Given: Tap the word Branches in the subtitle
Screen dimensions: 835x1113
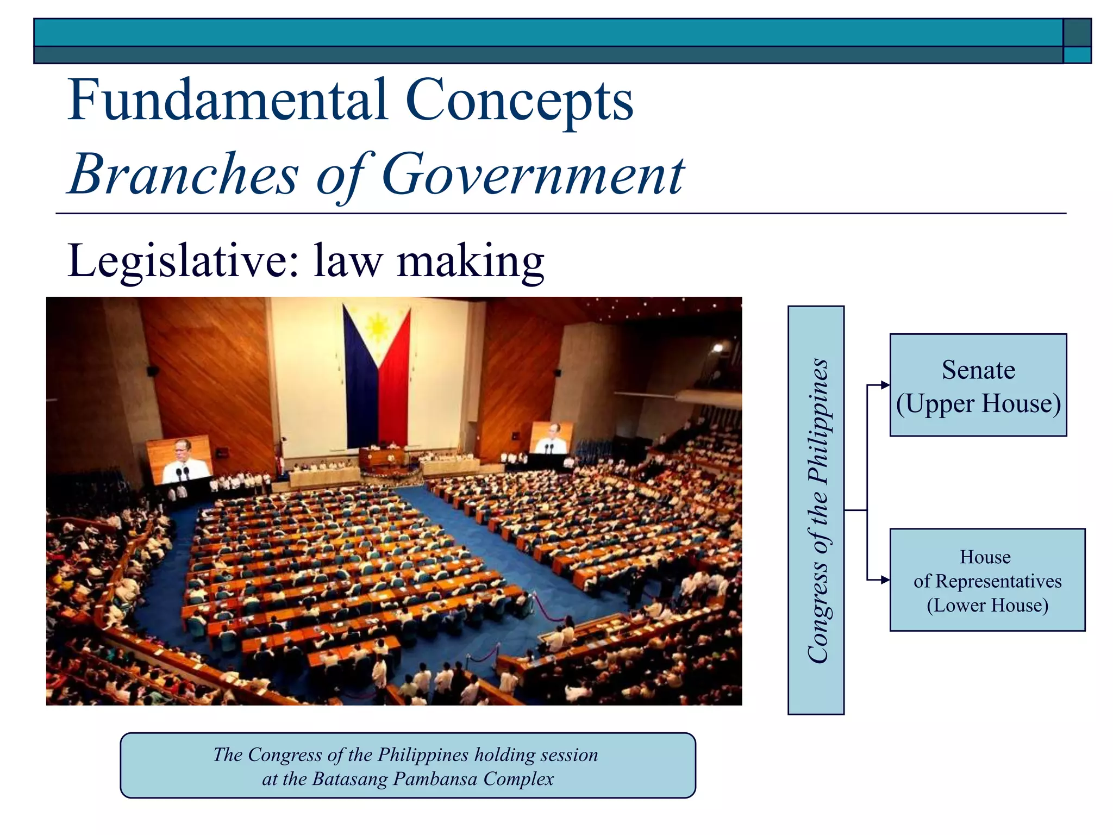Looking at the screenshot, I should tap(184, 174).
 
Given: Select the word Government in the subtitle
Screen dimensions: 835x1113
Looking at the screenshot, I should tap(533, 174).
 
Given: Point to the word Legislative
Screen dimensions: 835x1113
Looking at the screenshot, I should tap(183, 261).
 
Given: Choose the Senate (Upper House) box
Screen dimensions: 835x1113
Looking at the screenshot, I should tap(978, 385).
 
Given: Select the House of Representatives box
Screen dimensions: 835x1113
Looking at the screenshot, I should tap(987, 579).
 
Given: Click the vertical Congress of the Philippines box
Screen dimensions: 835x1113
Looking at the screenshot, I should tap(816, 510).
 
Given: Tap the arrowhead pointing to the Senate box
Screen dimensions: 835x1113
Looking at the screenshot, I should tap(885, 385).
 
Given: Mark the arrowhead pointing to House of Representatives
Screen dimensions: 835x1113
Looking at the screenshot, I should tap(885, 580).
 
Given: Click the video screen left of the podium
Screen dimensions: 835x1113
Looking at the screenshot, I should tap(179, 459).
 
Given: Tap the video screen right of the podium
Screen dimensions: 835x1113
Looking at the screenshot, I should tap(551, 438).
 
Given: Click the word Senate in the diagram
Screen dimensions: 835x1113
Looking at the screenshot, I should tap(978, 370).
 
